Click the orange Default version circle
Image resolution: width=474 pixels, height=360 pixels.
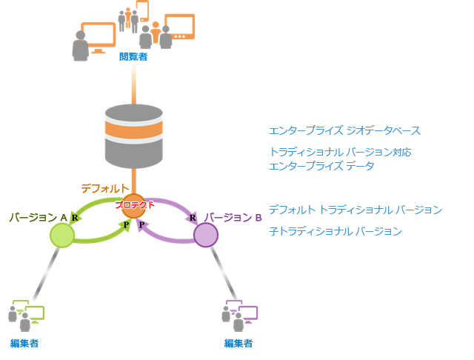click(x=134, y=205)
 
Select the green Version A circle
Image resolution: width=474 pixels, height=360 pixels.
click(x=62, y=235)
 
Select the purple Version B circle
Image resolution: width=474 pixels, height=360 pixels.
click(x=206, y=235)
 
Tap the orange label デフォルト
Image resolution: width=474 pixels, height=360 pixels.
click(x=105, y=189)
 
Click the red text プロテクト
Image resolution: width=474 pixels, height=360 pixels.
click(x=135, y=204)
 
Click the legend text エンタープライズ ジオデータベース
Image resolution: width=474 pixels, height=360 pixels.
click(x=344, y=131)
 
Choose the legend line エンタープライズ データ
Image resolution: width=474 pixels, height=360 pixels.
click(x=321, y=166)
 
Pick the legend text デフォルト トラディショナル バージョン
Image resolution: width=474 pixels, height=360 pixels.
click(x=355, y=210)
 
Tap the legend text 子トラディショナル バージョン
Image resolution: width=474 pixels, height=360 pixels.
click(x=335, y=231)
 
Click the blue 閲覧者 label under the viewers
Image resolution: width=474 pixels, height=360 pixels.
click(x=133, y=56)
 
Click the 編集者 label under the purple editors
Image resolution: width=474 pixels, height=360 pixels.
click(x=239, y=343)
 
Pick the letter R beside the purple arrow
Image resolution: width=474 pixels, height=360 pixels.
click(x=193, y=218)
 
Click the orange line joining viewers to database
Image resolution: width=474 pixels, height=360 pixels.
click(x=133, y=83)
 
